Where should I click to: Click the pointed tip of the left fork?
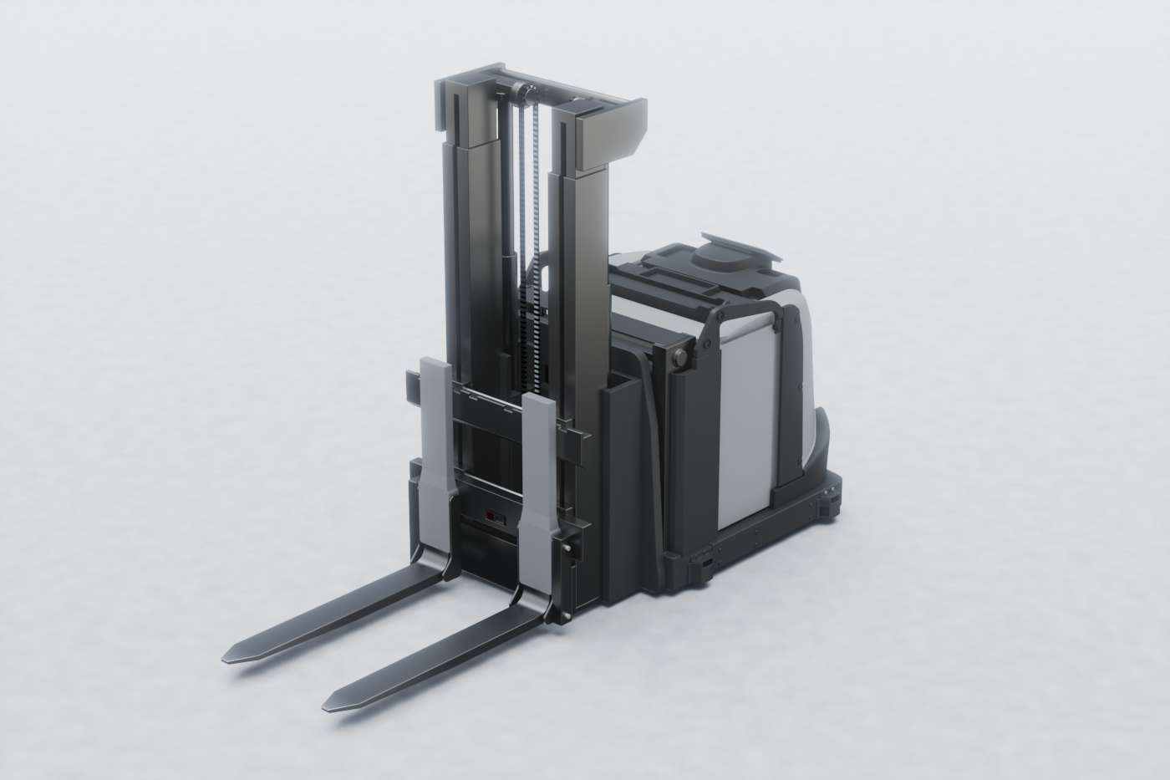coord(231,657)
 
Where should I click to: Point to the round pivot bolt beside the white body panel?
coord(679,358)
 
